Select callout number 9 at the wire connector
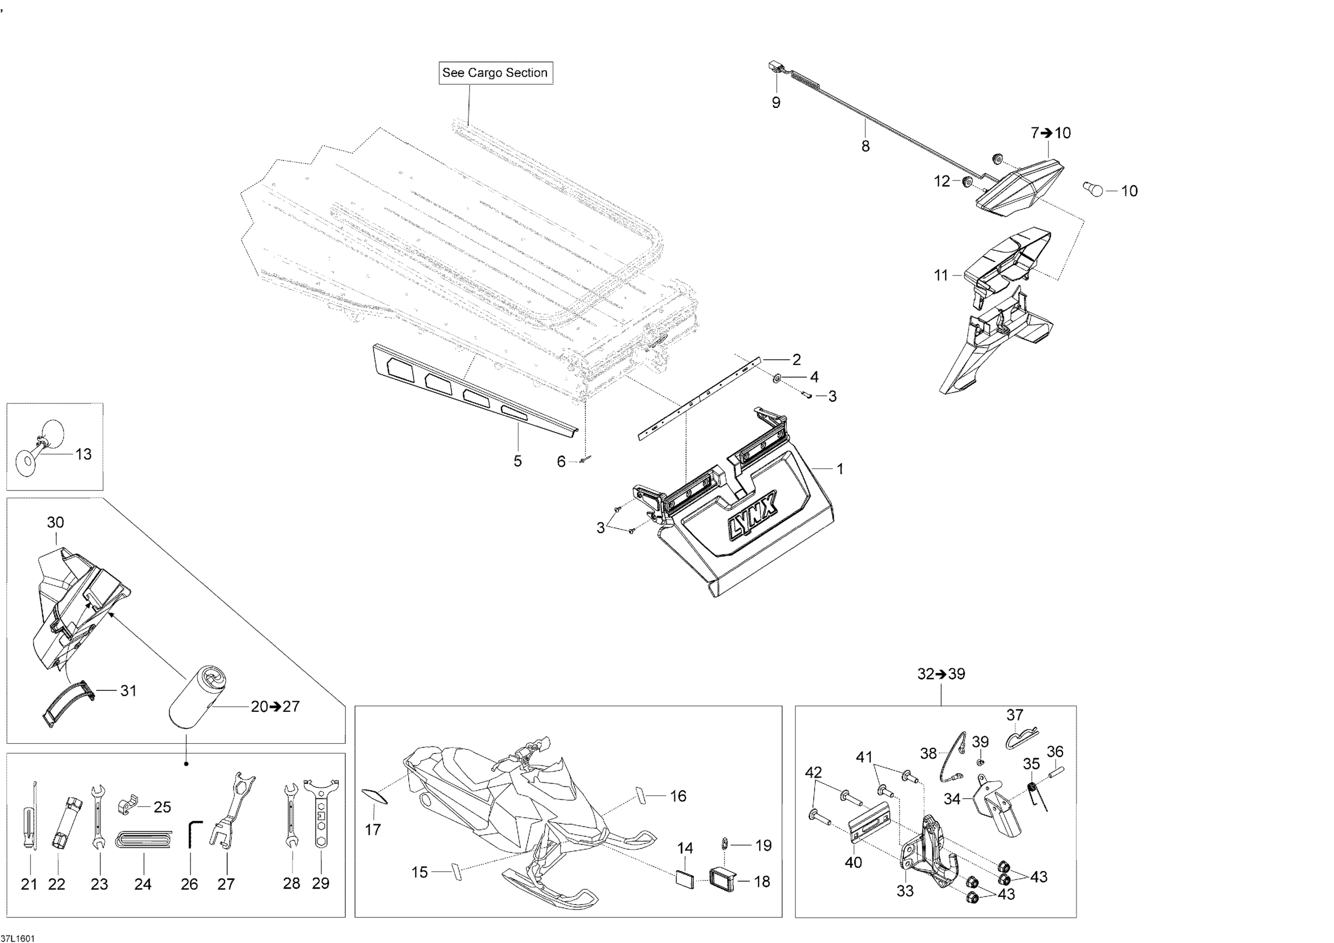pos(775,103)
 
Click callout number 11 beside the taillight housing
pos(940,275)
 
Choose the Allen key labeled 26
pos(193,834)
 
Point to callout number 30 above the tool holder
pos(55,522)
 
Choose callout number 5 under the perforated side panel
pos(517,461)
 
